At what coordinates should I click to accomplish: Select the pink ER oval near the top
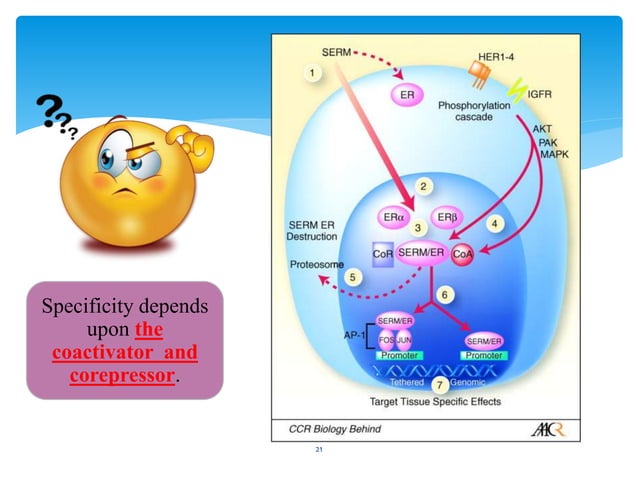coord(407,94)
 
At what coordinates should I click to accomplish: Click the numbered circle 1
coord(314,73)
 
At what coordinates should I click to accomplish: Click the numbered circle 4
coord(494,221)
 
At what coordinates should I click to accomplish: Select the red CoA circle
coord(463,255)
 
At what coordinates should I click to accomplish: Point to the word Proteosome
coord(315,265)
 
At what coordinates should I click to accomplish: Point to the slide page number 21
coord(319,452)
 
